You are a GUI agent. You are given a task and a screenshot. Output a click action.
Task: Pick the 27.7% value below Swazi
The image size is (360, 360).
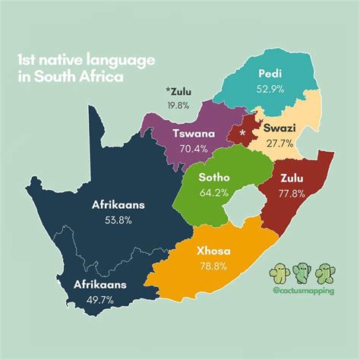tap(282, 143)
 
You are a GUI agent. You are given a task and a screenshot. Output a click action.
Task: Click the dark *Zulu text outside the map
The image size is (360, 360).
tap(179, 93)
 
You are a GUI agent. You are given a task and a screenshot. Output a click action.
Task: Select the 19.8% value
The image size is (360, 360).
tap(179, 106)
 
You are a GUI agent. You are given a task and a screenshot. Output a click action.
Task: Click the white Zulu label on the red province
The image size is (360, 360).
tap(293, 179)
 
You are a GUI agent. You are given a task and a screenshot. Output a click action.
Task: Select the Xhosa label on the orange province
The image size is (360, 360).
tap(213, 251)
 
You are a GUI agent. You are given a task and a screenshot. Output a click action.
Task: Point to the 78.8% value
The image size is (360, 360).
tap(213, 266)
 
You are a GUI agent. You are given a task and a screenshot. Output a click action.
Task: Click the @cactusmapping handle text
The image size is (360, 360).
tap(303, 291)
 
